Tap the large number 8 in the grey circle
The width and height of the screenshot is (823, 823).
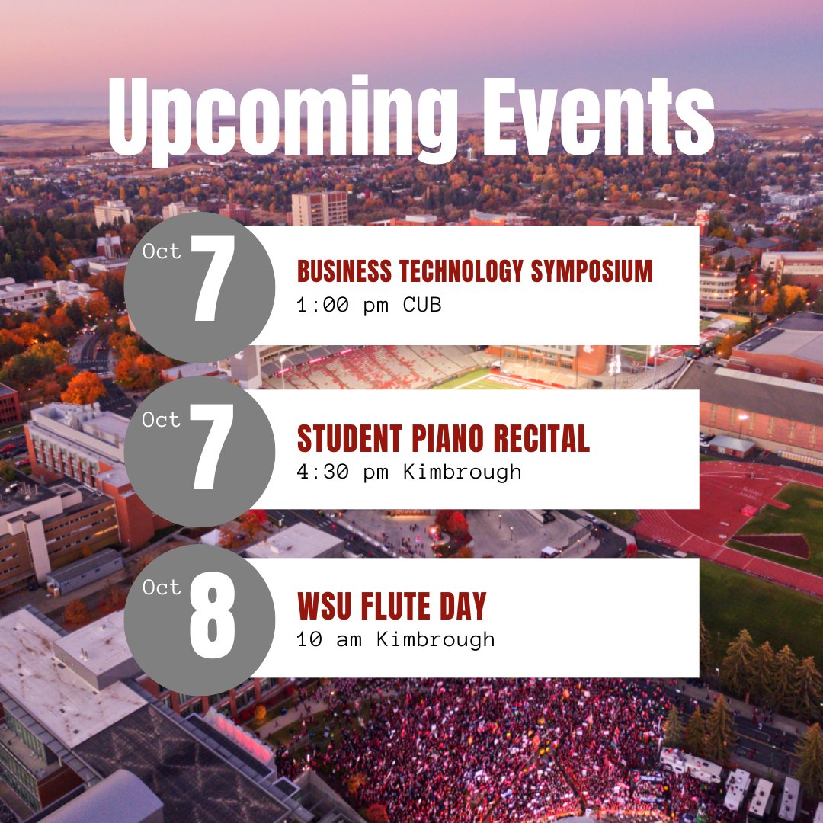tap(212, 617)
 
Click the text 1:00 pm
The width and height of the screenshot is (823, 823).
tap(342, 305)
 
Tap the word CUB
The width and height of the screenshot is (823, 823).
tap(422, 305)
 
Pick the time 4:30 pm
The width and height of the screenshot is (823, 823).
tap(342, 472)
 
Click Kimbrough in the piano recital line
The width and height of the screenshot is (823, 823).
tap(463, 472)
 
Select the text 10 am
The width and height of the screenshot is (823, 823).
tap(329, 639)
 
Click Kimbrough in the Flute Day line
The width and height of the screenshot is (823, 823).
tap(436, 639)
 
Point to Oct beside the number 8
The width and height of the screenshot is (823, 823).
tap(162, 588)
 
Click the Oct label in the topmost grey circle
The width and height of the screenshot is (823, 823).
tap(162, 251)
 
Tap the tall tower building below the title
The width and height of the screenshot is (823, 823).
tap(319, 207)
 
